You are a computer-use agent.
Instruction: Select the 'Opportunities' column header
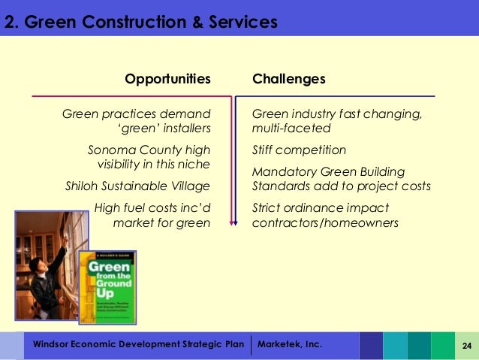tap(167, 79)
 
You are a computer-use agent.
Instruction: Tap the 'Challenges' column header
tap(288, 79)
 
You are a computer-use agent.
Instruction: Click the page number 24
tap(466, 345)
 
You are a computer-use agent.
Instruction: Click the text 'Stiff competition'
tap(299, 150)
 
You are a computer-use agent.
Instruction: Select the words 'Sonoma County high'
tap(149, 150)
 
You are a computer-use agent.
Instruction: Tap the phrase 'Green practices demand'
tap(136, 114)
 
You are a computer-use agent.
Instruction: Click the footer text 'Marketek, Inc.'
tap(289, 344)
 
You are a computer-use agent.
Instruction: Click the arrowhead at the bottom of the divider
tap(233, 222)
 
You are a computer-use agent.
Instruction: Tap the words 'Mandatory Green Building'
tap(328, 171)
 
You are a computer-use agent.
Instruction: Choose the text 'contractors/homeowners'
tap(324, 222)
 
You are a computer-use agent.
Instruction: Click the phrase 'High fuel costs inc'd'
tap(151, 207)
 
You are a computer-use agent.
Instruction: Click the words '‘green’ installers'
tap(164, 129)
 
